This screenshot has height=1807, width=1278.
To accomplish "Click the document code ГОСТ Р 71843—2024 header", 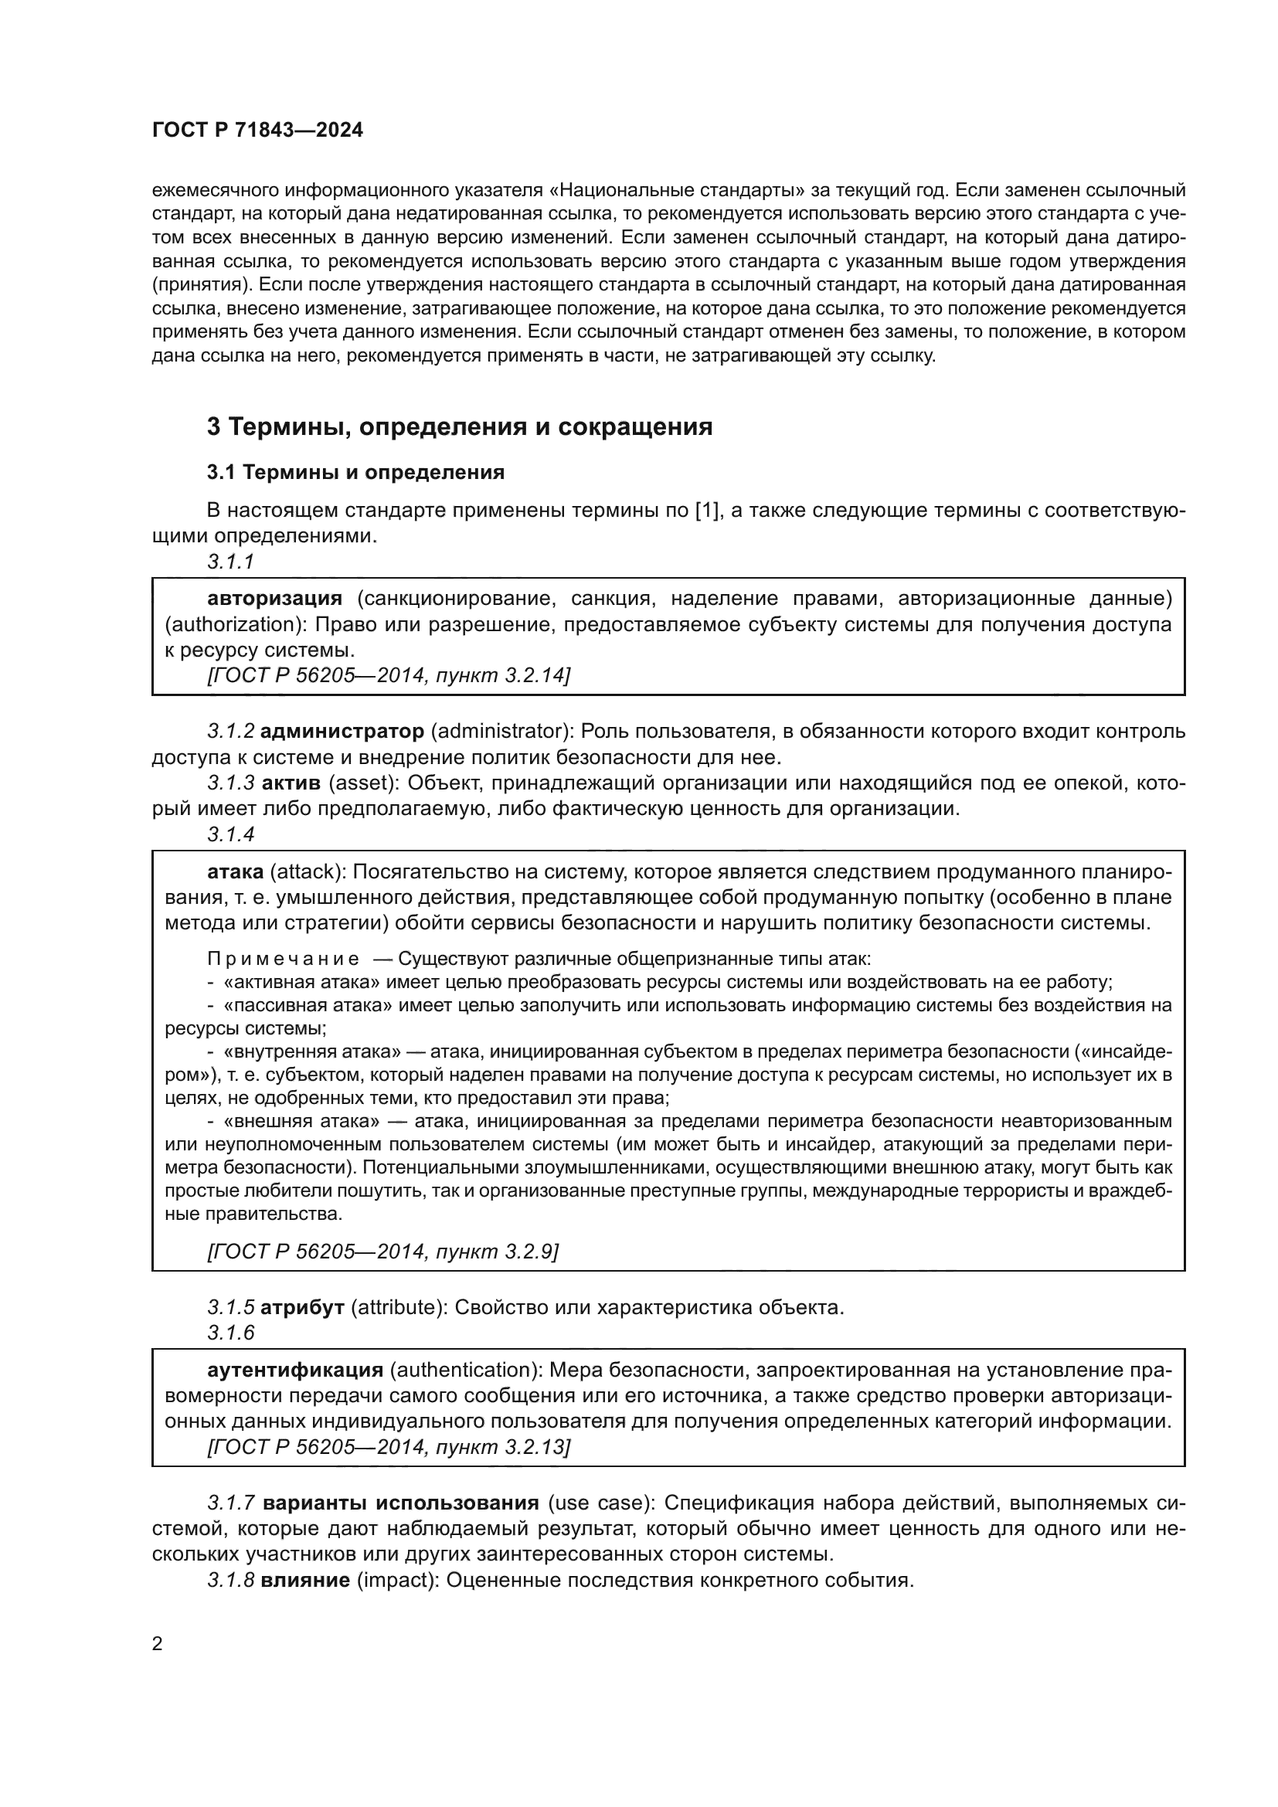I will [x=257, y=131].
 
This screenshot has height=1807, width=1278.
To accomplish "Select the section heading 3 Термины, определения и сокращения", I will [x=460, y=426].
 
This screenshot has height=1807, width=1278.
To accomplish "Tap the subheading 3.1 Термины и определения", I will [x=355, y=472].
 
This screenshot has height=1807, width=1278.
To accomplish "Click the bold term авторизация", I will [x=274, y=599].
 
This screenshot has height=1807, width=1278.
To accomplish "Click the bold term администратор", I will [x=342, y=731].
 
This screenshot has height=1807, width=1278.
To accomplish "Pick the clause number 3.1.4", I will [x=230, y=834].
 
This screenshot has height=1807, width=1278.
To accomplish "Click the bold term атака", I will [x=236, y=872].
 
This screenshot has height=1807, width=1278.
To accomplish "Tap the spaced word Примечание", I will [x=284, y=960].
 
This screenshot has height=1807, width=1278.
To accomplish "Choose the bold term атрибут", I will [x=302, y=1308].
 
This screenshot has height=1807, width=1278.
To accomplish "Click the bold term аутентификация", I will [x=295, y=1371].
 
